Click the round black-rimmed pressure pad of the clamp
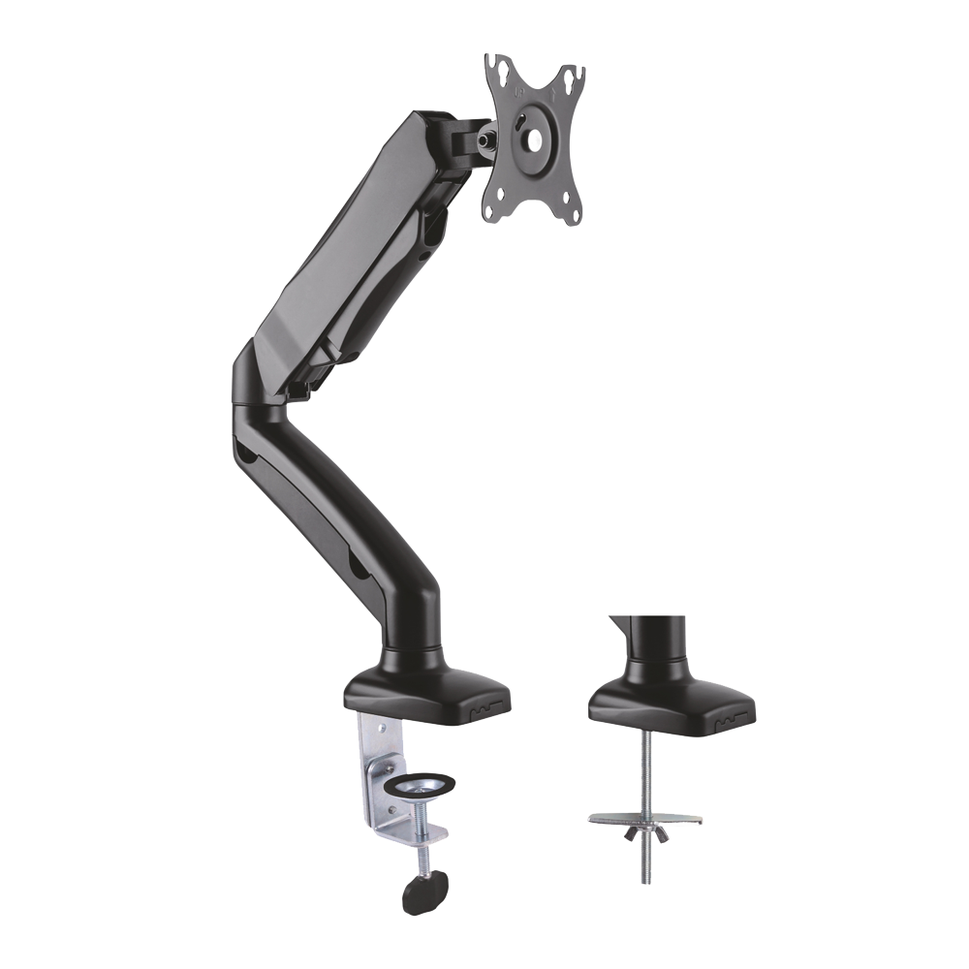[422, 780]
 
